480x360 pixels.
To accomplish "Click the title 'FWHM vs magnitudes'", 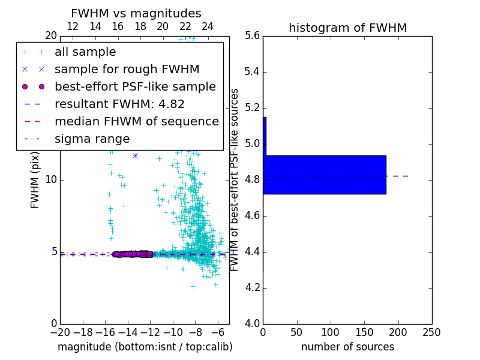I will pyautogui.click(x=136, y=13).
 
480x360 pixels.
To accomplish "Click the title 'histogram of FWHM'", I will pyautogui.click(x=347, y=28).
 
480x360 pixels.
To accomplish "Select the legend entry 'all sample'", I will pyautogui.click(x=85, y=52).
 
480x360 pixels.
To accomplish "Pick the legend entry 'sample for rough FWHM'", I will pyautogui.click(x=127, y=69).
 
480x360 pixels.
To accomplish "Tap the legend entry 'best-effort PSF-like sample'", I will pyautogui.click(x=135, y=86).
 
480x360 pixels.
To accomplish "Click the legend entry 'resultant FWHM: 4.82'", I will pyautogui.click(x=119, y=104).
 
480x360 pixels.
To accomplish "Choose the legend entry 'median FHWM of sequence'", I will pyautogui.click(x=136, y=121).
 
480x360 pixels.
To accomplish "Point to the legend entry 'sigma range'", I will pyautogui.click(x=92, y=139).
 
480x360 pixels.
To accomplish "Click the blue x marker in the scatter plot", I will pyautogui.click(x=135, y=155).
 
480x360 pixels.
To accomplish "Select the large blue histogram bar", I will pyautogui.click(x=325, y=175).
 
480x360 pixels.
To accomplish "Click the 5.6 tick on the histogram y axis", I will pyautogui.click(x=253, y=36).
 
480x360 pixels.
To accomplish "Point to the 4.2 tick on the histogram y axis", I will pyautogui.click(x=253, y=288).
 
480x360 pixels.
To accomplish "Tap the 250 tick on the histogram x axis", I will pyautogui.click(x=431, y=332).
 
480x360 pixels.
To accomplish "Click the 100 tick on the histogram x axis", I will pyautogui.click(x=331, y=332).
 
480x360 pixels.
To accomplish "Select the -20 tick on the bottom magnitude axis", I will pyautogui.click(x=60, y=332).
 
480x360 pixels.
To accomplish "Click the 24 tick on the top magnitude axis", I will pyautogui.click(x=208, y=26).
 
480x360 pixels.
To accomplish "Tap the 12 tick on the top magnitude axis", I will pyautogui.click(x=73, y=26).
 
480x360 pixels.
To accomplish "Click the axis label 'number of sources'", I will pyautogui.click(x=347, y=347).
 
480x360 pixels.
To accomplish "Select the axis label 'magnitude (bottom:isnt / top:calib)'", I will pyautogui.click(x=145, y=347).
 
